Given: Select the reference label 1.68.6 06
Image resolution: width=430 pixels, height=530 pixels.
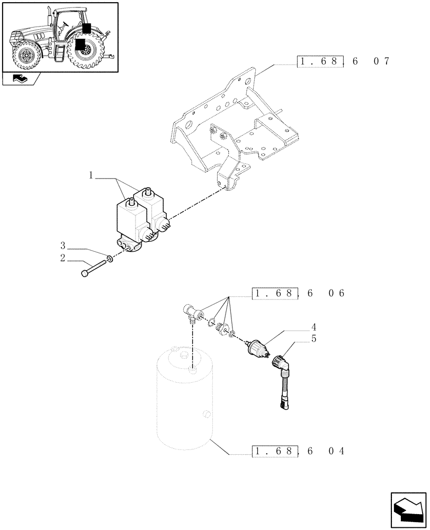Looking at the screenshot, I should tap(298, 293).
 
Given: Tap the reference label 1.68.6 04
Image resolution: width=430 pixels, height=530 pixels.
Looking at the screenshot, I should tap(298, 452).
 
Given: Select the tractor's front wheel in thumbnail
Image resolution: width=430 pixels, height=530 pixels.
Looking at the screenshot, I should tap(24, 56).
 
